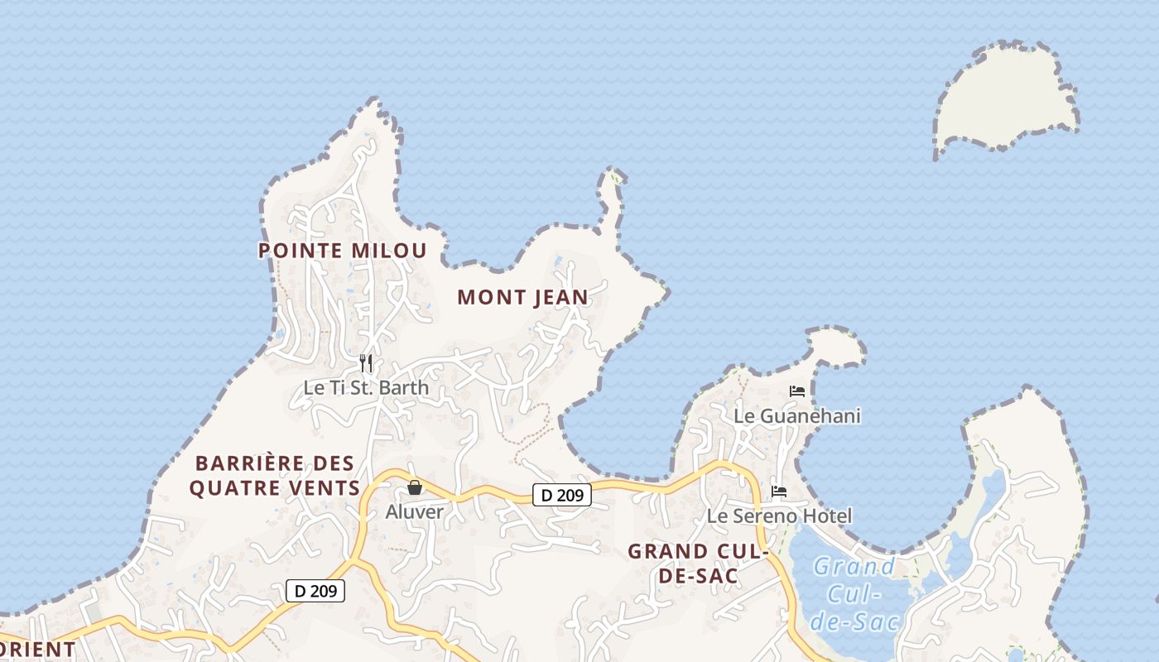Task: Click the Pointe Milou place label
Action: pos(343,250)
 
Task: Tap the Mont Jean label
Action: pos(522,297)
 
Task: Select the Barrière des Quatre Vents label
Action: pos(274,476)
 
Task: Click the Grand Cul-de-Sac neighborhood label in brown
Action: pos(698,563)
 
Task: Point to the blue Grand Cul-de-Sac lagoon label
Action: pos(854,594)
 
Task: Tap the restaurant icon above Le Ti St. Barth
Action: pos(366,362)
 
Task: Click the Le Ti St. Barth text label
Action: pos(366,387)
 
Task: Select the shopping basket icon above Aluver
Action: pos(415,487)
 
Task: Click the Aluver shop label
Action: pos(414,511)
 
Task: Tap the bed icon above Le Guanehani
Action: pos(797,391)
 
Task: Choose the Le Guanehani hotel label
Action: pos(797,415)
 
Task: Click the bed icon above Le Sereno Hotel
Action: pos(779,492)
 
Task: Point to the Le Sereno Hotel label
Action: pos(779,516)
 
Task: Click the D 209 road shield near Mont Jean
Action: pos(562,496)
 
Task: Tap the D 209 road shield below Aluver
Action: pos(315,591)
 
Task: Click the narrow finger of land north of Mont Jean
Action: pos(610,194)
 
